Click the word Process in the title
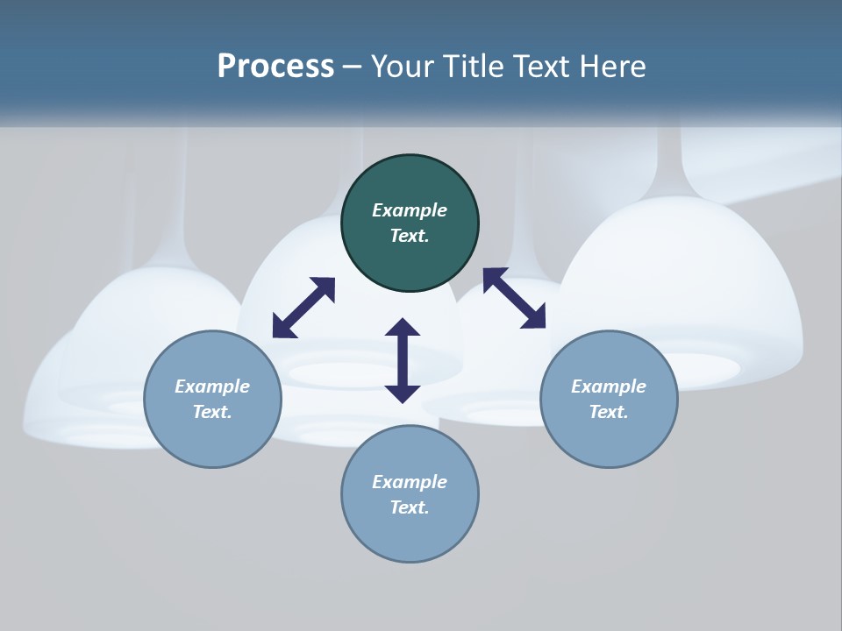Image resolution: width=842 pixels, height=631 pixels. [x=275, y=67]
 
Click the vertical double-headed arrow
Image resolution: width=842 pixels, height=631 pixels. [x=403, y=361]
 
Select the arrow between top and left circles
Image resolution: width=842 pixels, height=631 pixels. [x=303, y=308]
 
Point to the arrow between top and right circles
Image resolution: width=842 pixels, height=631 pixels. [x=515, y=298]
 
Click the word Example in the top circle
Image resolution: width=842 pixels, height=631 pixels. [x=410, y=210]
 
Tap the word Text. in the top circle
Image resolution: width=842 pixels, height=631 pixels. [x=410, y=236]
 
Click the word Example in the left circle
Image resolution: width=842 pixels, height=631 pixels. [x=212, y=386]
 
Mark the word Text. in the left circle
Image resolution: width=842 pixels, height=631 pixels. [x=212, y=412]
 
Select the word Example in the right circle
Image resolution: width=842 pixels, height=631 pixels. [x=609, y=386]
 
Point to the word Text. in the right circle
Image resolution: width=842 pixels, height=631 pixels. [x=609, y=412]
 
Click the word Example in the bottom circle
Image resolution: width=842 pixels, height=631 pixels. [x=410, y=482]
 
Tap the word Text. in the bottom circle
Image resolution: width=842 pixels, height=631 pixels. [x=410, y=507]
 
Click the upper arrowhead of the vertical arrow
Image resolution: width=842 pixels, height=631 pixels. [x=403, y=330]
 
